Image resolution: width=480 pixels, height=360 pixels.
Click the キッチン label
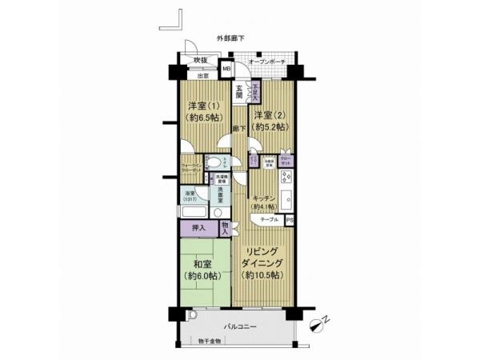(x=263, y=200)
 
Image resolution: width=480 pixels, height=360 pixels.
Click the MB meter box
(x=226, y=70)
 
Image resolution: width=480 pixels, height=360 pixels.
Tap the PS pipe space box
(x=290, y=219)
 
